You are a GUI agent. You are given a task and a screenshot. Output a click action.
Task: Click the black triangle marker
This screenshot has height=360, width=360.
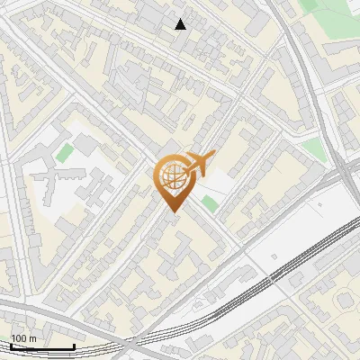(181, 24)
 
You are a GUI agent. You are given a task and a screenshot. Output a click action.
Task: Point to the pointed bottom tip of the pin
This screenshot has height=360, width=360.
(171, 211)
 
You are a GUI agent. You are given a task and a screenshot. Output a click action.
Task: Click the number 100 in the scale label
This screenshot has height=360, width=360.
(19, 338)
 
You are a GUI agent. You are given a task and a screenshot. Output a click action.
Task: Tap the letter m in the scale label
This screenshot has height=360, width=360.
(33, 338)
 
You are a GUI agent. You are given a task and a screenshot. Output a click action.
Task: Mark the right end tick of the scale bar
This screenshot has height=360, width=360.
(74, 345)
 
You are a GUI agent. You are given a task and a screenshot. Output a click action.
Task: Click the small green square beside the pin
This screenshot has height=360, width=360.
(210, 204)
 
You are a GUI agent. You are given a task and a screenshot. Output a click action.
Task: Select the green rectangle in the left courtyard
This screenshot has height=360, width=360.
(63, 153)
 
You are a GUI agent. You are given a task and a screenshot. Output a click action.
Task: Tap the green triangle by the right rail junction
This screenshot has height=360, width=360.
(313, 149)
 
